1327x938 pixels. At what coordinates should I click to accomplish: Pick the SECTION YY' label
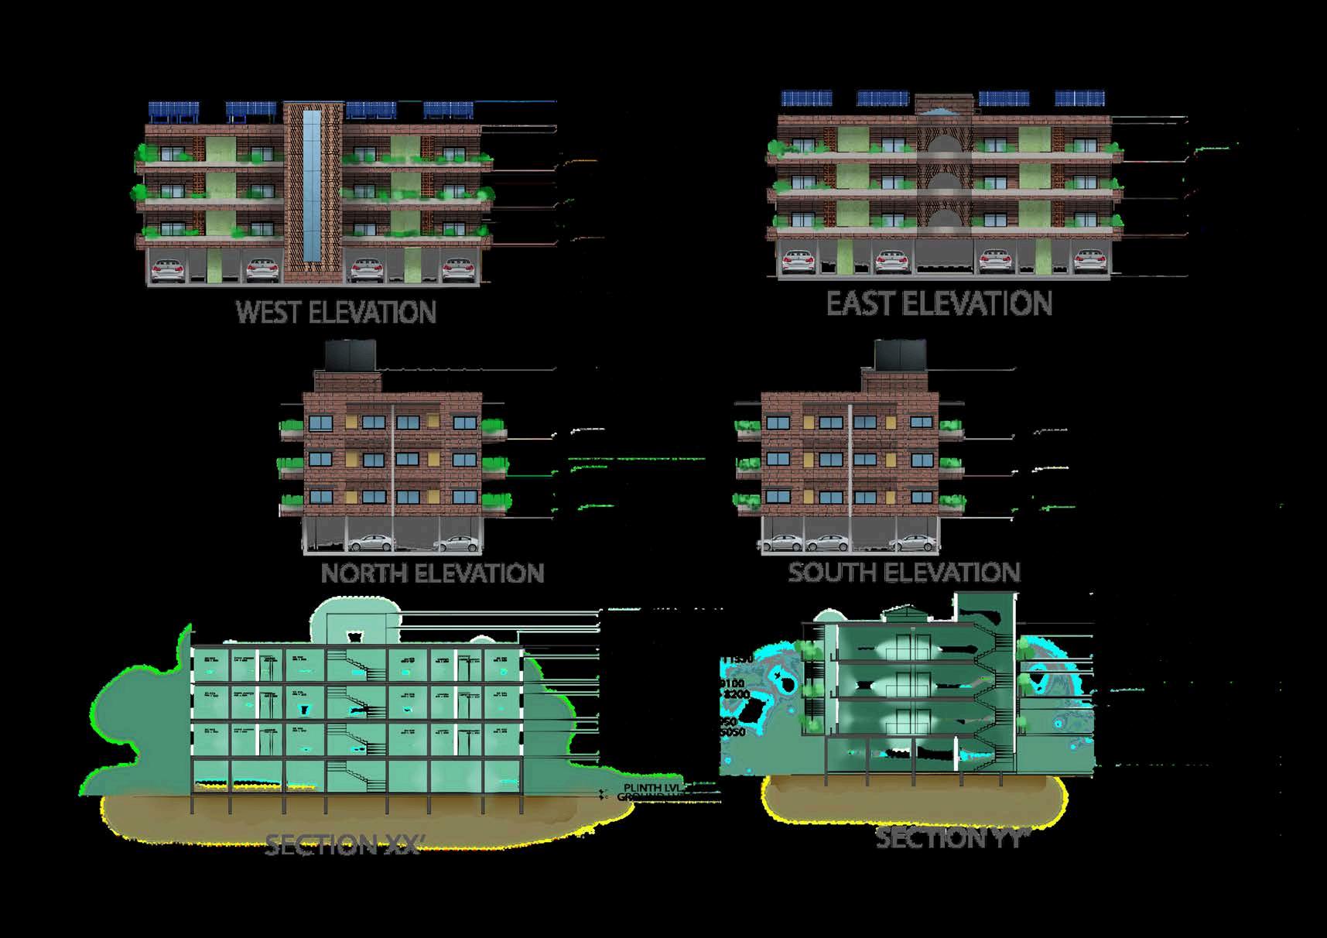coord(952,838)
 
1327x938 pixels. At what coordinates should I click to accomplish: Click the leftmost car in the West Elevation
coord(168,269)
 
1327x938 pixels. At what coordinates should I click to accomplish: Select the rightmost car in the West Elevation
coord(457,270)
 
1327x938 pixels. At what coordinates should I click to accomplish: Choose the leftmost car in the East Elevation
coord(798,262)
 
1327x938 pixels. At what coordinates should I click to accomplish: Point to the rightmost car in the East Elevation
coord(1089,261)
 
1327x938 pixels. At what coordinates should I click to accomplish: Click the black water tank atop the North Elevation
coord(350,355)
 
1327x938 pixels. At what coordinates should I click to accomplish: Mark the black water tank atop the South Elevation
coord(900,355)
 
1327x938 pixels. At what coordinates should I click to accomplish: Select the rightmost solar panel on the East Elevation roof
coord(1080,98)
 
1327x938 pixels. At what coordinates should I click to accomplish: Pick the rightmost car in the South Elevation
coord(917,543)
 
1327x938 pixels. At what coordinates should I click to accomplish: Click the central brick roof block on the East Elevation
coord(943,105)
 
